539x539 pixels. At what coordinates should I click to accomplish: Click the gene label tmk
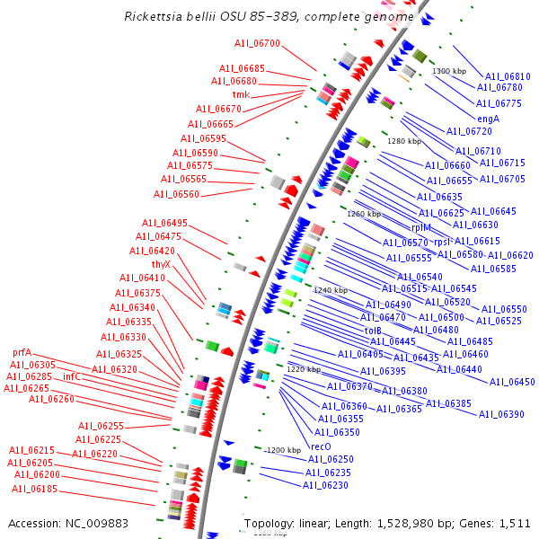coord(241,94)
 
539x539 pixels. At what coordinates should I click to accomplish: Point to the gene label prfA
coord(22,352)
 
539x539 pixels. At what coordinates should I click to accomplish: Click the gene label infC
coord(72,376)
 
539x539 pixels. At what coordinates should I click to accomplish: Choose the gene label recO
coord(321,446)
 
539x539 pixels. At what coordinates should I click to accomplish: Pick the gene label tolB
coord(373,331)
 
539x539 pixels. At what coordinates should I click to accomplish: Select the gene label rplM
coord(422,228)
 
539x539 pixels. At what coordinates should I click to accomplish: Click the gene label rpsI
coord(442,242)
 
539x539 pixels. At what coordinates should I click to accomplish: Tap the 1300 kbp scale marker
coord(449,71)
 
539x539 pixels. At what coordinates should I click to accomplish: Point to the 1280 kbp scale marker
coord(403,141)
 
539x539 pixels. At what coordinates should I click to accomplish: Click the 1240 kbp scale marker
coord(330,290)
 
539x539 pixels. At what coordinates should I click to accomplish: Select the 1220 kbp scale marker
coord(303,369)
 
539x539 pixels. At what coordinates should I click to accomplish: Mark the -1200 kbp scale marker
coord(282,449)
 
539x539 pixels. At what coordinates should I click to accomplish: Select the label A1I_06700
coord(257,42)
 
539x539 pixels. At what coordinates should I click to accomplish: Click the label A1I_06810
coord(508,76)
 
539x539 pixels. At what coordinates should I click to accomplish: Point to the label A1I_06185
coord(34,489)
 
